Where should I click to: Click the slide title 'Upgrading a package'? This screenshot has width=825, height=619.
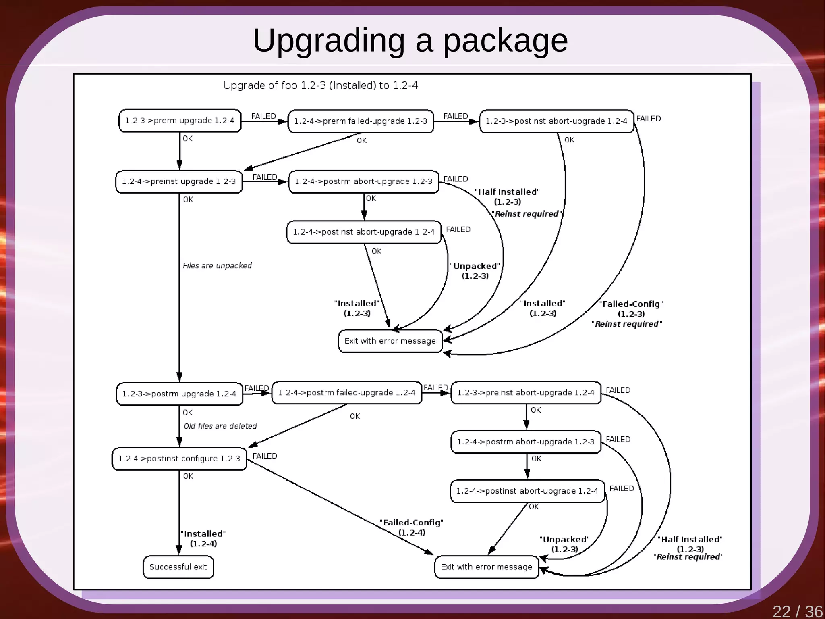point(410,40)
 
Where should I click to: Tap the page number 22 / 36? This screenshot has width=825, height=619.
point(797,611)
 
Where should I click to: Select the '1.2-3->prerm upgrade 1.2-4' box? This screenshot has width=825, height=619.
point(180,121)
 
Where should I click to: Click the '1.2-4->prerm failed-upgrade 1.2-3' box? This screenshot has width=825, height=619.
point(361,121)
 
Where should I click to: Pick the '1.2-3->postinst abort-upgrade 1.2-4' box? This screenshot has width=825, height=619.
point(556,121)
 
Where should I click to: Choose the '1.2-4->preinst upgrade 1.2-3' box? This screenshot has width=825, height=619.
point(179,181)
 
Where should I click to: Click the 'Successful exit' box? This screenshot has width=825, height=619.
point(178,567)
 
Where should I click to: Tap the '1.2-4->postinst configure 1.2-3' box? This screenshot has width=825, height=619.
point(179,459)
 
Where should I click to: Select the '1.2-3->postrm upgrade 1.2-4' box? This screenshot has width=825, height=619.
point(179,394)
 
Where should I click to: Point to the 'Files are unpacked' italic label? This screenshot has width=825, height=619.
point(217,265)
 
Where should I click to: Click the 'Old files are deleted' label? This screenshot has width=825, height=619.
point(220,426)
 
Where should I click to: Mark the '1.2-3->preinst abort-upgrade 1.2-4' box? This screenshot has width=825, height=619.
point(526,392)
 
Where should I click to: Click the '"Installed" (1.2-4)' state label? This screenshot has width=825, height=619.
point(203,538)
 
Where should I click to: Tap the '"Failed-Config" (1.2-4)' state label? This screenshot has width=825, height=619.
point(411,527)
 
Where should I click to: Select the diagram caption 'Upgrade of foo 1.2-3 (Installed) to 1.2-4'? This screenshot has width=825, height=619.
point(320,85)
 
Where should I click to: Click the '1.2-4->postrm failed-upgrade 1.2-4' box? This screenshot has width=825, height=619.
point(346,392)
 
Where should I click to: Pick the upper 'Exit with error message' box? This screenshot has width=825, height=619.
point(390,341)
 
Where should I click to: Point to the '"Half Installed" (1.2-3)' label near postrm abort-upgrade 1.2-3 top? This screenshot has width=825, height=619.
point(507,197)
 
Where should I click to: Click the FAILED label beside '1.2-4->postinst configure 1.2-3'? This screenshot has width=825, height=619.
point(265,456)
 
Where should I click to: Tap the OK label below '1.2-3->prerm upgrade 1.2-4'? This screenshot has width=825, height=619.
point(187,139)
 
